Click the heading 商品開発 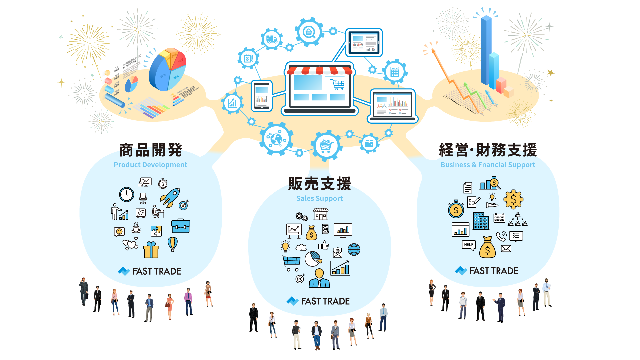click(x=151, y=150)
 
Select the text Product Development click(x=150, y=165)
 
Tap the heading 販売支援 click(x=320, y=184)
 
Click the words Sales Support click(x=319, y=198)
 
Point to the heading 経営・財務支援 click(x=488, y=150)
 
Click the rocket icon click(x=170, y=197)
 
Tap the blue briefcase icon click(x=181, y=226)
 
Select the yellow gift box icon click(x=151, y=250)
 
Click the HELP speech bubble click(x=469, y=245)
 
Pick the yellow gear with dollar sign click(x=513, y=199)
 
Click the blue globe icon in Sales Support click(x=354, y=249)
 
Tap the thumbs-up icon click(x=323, y=245)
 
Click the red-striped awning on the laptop click(x=319, y=71)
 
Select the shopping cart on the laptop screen click(x=338, y=84)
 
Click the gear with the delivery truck click(x=272, y=39)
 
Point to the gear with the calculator click(x=395, y=72)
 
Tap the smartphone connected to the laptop click(x=262, y=96)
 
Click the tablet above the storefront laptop click(x=364, y=43)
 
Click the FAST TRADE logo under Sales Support click(x=318, y=301)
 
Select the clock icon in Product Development click(x=127, y=194)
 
